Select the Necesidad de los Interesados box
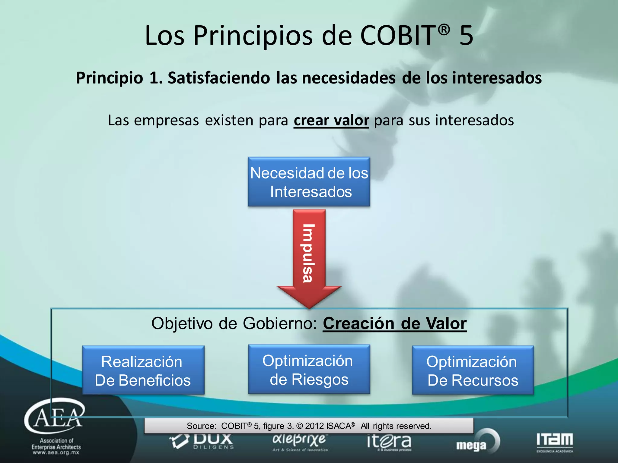point(309,182)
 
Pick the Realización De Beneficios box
point(143,370)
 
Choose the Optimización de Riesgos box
point(309,370)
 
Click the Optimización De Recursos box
point(473,370)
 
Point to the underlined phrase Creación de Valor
point(395,323)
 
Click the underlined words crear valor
point(331,120)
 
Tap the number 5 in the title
point(466,36)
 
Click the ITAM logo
point(555,442)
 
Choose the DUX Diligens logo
point(202,442)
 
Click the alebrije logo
point(299,442)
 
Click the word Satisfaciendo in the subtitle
point(219,78)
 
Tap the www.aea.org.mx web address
point(56,452)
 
